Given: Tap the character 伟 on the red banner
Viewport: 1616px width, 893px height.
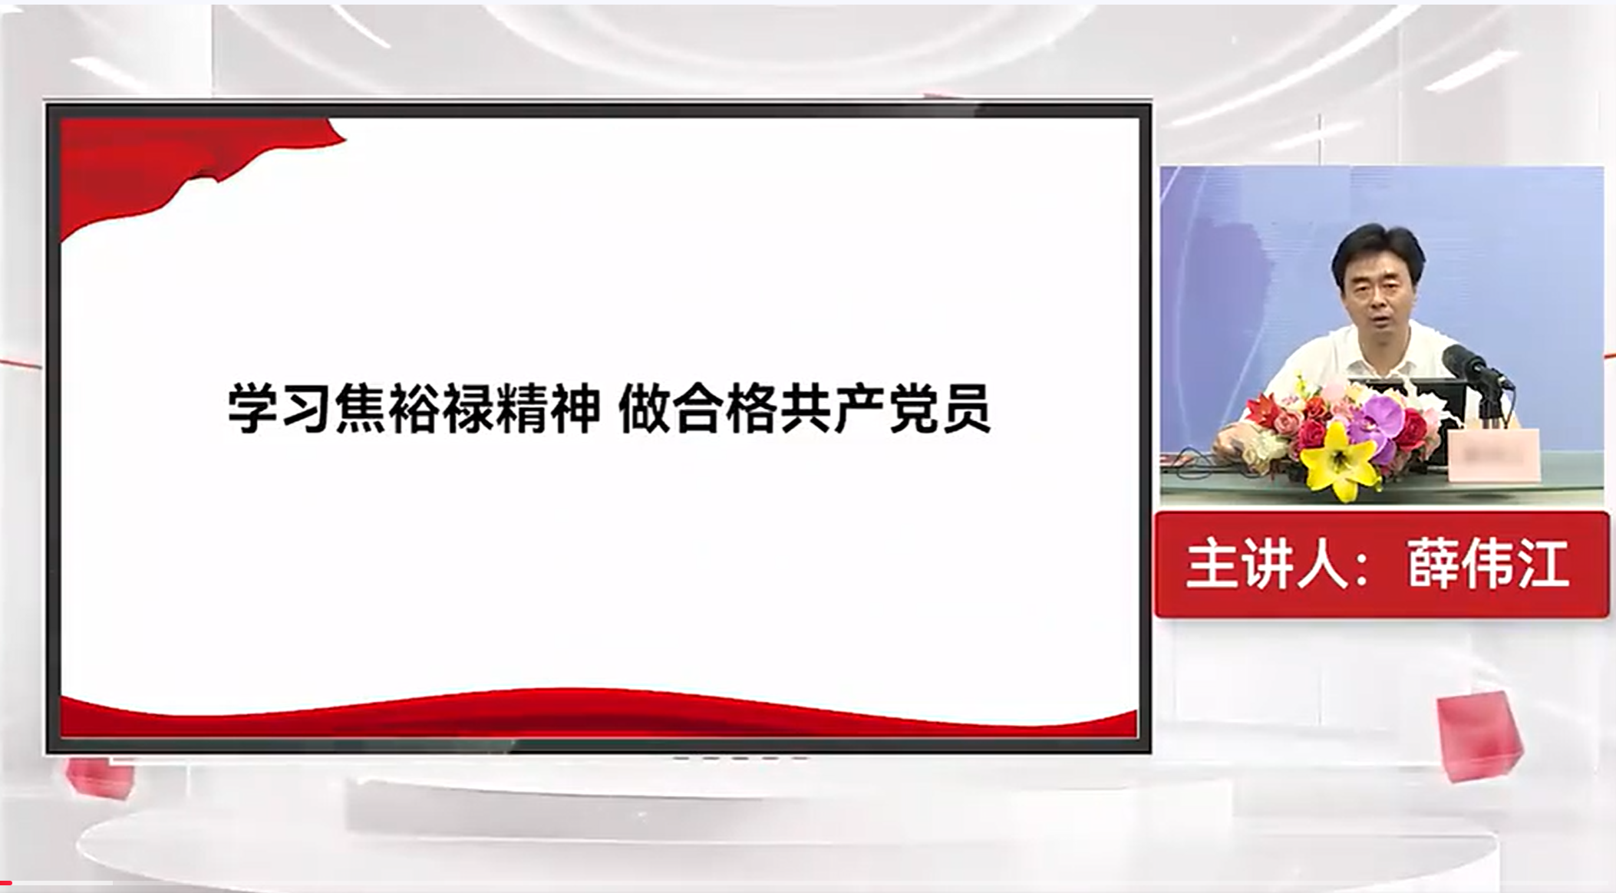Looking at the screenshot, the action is click(x=1488, y=565).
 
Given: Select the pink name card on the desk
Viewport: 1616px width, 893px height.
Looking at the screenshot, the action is click(x=1493, y=455).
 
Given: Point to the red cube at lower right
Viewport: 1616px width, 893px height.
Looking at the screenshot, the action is click(x=1479, y=735).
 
